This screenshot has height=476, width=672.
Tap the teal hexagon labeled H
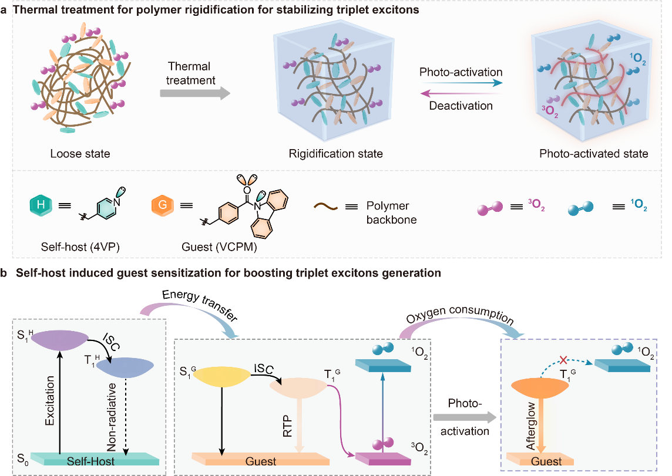pos(39,206)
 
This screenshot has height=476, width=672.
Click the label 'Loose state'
pos(80,154)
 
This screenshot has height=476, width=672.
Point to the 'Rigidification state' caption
pos(335,154)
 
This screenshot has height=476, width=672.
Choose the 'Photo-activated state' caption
pos(593,154)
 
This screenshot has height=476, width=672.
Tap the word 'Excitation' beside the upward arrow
pos(49,405)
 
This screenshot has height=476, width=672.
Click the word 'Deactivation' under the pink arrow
pos(461,106)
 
